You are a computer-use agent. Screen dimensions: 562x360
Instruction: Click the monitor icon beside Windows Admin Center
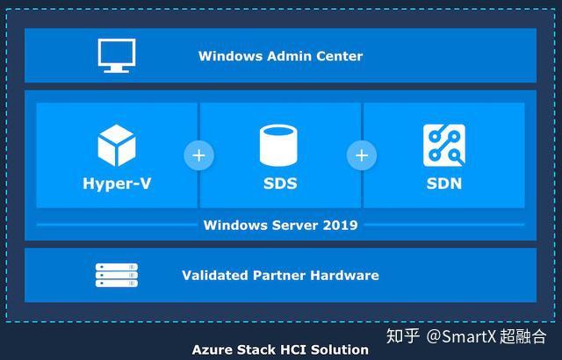coord(117,55)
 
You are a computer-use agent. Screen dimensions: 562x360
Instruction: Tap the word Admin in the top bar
coord(284,56)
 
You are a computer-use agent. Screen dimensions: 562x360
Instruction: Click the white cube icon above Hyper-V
coord(117,145)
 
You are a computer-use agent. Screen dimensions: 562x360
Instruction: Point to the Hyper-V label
coord(117,184)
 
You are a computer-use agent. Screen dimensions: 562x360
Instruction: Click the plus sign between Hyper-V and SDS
coord(199,155)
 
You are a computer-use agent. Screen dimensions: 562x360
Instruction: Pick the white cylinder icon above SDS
coord(278,145)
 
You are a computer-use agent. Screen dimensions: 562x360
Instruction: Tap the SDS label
coord(280,184)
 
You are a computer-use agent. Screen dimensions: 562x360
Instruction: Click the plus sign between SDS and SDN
coord(362,155)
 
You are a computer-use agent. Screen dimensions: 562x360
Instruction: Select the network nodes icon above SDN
coord(444,145)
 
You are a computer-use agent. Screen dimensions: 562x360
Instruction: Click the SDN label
coord(444,184)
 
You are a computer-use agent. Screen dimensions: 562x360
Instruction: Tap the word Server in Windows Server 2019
coord(295,225)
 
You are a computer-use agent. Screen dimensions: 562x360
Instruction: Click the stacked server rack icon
coord(117,275)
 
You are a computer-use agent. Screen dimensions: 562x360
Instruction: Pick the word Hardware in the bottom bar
coord(344,275)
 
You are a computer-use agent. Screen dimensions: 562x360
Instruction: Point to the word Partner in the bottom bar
coord(279,275)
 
